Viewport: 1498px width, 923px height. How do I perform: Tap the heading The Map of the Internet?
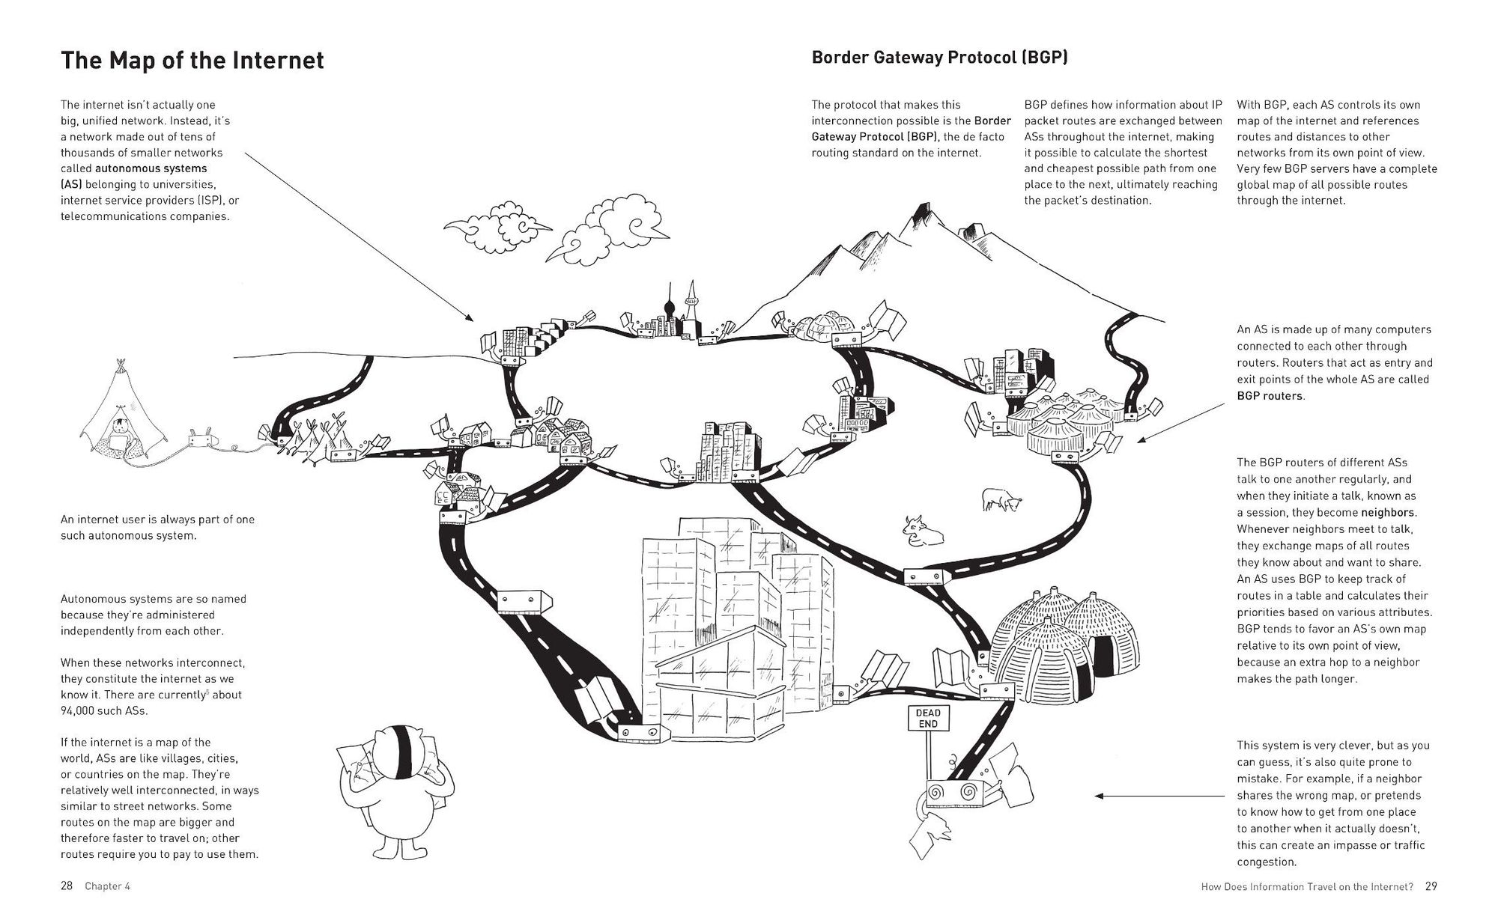[192, 60]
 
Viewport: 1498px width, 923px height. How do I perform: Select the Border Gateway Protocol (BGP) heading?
[939, 58]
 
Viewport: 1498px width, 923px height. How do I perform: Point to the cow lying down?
[922, 530]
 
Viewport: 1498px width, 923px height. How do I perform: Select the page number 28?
[67, 886]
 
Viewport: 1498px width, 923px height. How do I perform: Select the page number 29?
[1431, 886]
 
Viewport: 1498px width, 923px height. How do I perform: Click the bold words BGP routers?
[1270, 396]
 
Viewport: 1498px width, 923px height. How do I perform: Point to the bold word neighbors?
[1388, 513]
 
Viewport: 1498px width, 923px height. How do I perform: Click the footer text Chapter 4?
[107, 886]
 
